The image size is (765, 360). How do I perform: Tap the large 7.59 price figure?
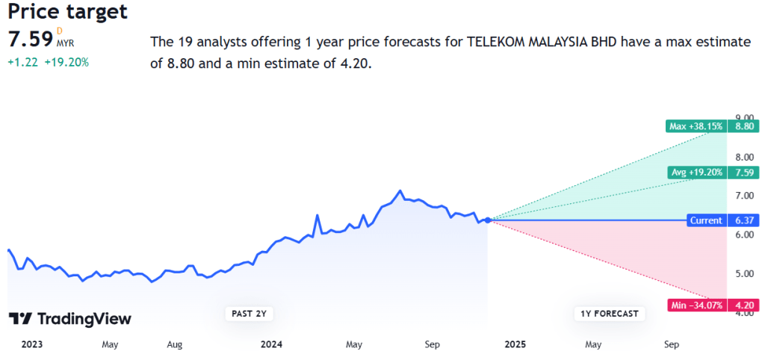click(x=29, y=39)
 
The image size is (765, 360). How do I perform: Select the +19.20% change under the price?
click(x=66, y=63)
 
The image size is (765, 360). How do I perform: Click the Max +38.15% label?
click(x=695, y=126)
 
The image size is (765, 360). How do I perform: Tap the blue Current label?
click(x=706, y=220)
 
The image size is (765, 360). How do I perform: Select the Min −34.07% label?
click(x=695, y=305)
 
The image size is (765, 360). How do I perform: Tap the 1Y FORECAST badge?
click(x=610, y=314)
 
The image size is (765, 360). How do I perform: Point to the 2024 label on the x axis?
click(x=271, y=344)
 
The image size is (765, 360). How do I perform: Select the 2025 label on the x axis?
click(x=515, y=344)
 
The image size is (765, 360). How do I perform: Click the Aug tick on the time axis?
click(x=174, y=344)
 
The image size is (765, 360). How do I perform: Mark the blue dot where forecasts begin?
click(x=488, y=220)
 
